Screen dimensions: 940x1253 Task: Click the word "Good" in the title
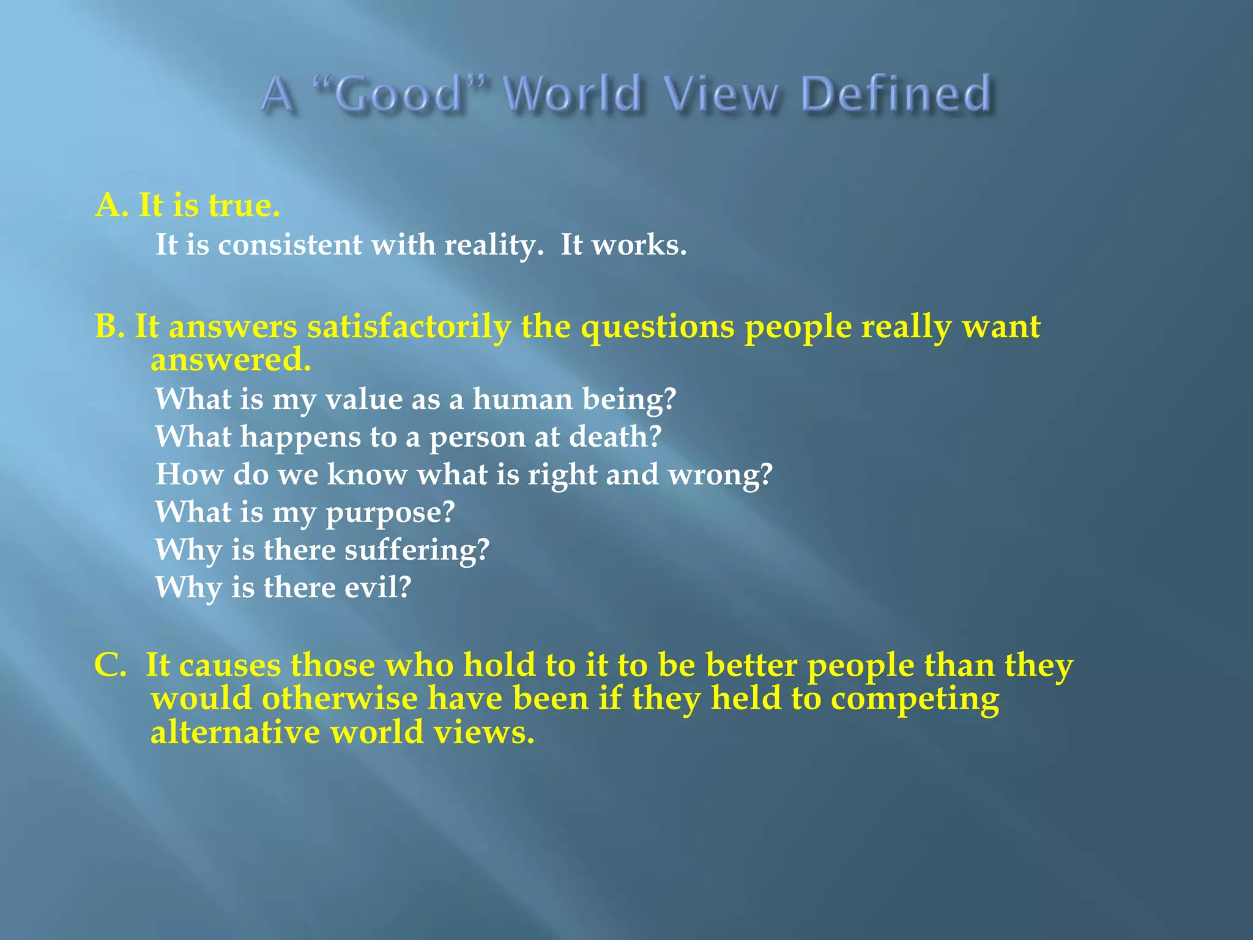[400, 95]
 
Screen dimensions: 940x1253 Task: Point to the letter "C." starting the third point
[110, 665]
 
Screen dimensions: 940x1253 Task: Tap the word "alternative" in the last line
[236, 732]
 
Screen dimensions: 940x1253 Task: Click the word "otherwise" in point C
[339, 698]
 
